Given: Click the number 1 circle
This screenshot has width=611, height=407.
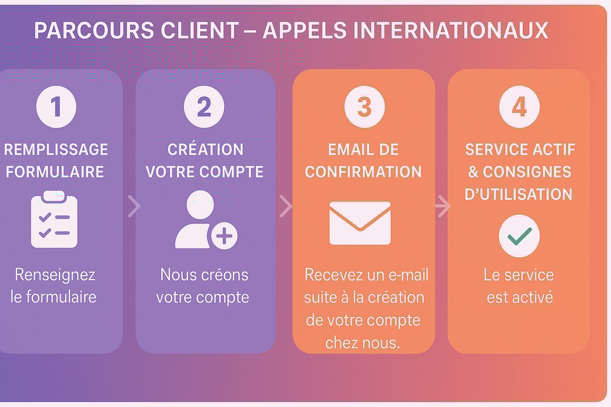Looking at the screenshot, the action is coord(56,106).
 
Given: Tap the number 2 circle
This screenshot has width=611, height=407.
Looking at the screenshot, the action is coord(204,106).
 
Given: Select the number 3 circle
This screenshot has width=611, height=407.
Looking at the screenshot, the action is coord(364,106).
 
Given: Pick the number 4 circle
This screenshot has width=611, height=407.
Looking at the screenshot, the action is coord(519,106).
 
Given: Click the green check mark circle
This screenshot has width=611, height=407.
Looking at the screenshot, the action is coord(519,236).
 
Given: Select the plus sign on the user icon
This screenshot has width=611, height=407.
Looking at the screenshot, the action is coord(224,236).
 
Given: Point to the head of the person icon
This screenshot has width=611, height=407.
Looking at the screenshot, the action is coord(200,205).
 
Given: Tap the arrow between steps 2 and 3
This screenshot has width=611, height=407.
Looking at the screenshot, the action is coord(286,206).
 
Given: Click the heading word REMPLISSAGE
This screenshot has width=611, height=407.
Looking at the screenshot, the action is coord(56,150).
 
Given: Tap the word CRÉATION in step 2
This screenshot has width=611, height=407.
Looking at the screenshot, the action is coord(205,150).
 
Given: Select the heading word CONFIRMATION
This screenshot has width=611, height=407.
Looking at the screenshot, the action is coord(363,172).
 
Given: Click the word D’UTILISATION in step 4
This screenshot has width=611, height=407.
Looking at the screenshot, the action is coord(519,195).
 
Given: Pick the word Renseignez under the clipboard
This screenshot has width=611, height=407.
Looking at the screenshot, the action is coord(55,275).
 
